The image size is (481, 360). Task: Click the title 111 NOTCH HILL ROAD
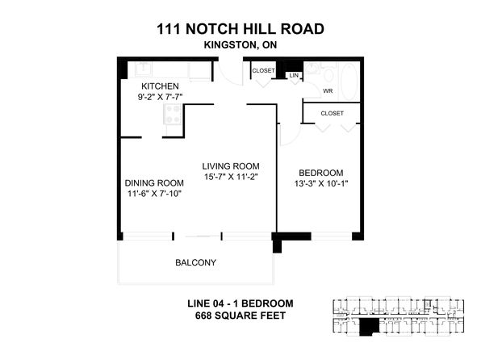(240, 29)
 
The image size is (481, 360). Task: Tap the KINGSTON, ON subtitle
(240, 45)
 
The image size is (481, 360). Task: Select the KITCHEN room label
(160, 86)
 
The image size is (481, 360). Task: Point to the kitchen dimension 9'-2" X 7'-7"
(160, 97)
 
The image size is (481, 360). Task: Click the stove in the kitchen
(173, 114)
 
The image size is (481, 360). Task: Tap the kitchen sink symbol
(144, 69)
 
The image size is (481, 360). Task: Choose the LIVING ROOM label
(231, 166)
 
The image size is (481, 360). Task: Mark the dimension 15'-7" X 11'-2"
(231, 177)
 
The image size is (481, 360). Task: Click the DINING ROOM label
(154, 183)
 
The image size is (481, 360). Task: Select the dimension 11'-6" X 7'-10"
(154, 194)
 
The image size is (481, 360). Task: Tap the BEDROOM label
(321, 173)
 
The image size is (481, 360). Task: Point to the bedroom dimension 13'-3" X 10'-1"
(321, 183)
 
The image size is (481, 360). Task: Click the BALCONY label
(196, 262)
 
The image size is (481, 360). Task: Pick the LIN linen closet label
(294, 75)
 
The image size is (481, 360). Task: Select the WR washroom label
(328, 91)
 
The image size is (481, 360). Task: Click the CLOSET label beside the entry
(263, 70)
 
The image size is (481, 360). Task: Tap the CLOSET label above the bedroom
(332, 114)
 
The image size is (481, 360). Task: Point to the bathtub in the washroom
(349, 82)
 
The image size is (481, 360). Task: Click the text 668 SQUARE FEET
(240, 316)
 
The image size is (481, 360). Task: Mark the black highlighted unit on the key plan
(369, 326)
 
